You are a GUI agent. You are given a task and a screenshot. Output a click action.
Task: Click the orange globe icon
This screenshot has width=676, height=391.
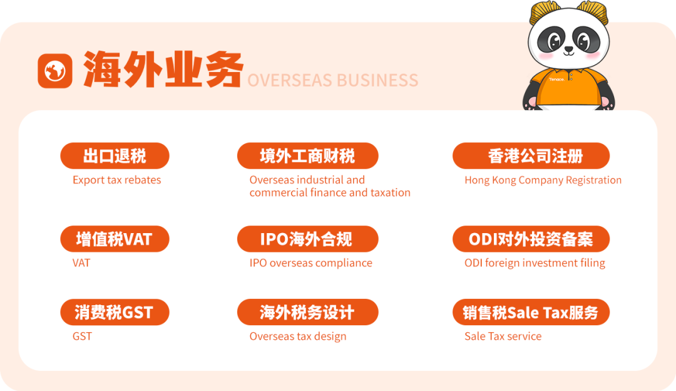point(55,71)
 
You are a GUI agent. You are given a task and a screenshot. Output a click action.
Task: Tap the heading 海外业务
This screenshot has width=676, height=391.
point(163,70)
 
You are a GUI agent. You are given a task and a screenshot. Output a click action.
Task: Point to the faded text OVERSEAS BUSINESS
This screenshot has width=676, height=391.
point(333,80)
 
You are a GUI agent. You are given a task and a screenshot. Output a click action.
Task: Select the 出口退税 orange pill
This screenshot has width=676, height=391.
point(115,156)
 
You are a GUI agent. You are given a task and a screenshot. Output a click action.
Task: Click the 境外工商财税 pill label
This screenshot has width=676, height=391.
point(308,156)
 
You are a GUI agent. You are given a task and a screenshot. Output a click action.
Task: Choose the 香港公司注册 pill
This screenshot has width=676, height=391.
point(531,156)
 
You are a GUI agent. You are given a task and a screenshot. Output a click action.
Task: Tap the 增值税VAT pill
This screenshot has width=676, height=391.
point(115,239)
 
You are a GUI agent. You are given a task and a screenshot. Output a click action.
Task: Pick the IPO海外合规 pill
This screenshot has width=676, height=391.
point(308,239)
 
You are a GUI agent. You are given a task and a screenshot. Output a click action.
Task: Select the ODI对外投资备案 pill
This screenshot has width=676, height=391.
point(531,239)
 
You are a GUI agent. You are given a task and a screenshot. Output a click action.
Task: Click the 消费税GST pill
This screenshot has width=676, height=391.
point(115,312)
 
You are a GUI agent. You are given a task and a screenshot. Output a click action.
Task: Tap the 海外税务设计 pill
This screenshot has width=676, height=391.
point(308,312)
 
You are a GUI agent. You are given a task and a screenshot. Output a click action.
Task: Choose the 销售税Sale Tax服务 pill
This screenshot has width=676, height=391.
point(531,312)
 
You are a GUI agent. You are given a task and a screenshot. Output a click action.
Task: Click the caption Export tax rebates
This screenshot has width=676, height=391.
point(117,180)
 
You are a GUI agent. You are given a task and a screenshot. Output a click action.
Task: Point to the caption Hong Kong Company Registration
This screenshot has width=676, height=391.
point(543,180)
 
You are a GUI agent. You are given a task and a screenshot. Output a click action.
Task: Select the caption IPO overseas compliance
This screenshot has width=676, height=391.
point(311,263)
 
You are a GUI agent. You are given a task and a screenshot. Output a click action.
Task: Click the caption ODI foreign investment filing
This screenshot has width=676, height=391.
point(535,263)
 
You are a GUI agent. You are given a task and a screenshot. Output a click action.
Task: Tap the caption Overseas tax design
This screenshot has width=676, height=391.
point(298,336)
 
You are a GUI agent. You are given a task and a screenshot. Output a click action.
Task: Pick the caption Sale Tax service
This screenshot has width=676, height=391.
point(503,336)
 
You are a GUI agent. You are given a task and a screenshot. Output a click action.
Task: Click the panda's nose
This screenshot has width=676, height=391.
point(569,50)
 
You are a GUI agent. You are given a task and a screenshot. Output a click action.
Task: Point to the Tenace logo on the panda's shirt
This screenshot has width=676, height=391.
point(556,80)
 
